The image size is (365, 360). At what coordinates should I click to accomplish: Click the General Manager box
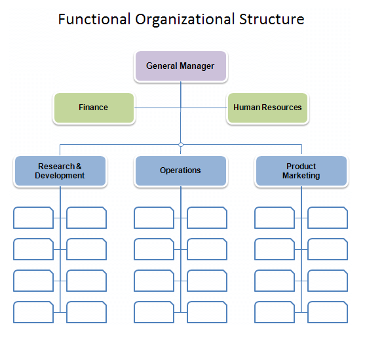(181, 66)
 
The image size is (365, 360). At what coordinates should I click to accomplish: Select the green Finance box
(94, 108)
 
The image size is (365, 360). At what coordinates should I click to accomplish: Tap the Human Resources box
(268, 108)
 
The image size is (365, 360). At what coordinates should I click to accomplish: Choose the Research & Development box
(60, 170)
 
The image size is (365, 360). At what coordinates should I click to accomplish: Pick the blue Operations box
(181, 170)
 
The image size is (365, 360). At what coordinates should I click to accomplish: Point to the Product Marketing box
(301, 170)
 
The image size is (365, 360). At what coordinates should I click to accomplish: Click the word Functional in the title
(94, 19)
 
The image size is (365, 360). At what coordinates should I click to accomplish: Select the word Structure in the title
(272, 19)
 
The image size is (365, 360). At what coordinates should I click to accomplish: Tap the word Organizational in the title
(185, 20)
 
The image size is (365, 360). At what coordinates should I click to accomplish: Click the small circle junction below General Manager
(181, 145)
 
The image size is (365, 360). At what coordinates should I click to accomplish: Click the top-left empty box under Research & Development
(33, 218)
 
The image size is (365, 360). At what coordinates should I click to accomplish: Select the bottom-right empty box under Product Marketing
(328, 312)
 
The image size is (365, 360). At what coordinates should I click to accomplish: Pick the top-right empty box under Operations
(207, 218)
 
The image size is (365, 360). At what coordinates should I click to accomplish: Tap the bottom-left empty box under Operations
(154, 312)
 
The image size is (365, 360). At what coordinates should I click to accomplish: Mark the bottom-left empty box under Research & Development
(33, 312)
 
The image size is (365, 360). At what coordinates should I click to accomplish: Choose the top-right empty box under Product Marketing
(328, 218)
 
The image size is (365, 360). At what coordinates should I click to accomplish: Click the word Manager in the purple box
(197, 66)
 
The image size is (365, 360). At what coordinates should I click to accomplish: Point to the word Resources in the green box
(282, 108)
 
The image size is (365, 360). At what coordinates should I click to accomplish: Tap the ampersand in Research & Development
(79, 167)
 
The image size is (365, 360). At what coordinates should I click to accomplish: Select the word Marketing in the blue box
(301, 176)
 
